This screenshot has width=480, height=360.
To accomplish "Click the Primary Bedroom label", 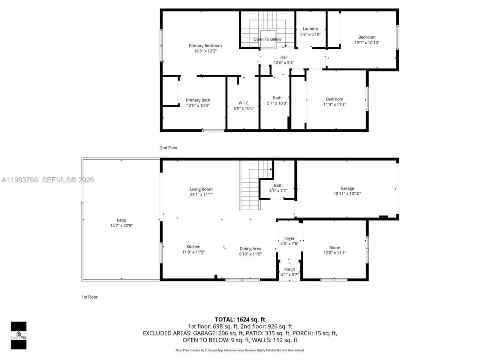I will pos(205,46).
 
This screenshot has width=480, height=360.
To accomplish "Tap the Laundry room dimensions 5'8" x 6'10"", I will pos(310,34).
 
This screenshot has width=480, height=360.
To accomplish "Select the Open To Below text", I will pos(267,39).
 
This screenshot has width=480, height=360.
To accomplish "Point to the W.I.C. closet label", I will pos(244,103).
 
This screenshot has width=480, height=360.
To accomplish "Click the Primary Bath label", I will pos(198,100).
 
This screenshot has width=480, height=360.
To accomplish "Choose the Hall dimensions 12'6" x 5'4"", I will pos(283,63).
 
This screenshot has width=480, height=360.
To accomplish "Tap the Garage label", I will pos(347,188).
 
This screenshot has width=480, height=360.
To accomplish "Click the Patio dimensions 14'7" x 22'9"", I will pos(121,226).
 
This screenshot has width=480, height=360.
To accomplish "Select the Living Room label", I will pos(201,189).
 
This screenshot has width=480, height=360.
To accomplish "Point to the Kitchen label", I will pos(193,247).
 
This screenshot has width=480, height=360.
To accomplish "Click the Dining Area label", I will pos(250,249).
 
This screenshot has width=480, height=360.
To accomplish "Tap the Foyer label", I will pos(289,238).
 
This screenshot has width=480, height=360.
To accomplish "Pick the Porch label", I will pos(289,269).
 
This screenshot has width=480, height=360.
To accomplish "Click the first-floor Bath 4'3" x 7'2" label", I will pos(278,188).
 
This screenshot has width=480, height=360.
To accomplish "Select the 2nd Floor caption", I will pos(169,148).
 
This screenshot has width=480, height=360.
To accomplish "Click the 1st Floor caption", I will pos(90,297).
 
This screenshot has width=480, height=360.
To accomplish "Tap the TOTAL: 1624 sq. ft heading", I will pos(240,319).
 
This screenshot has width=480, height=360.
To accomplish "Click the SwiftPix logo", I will pos(18,335).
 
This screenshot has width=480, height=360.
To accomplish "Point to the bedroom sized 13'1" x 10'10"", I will pos(367,40).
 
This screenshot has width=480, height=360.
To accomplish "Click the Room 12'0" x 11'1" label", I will pos(334,250).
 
